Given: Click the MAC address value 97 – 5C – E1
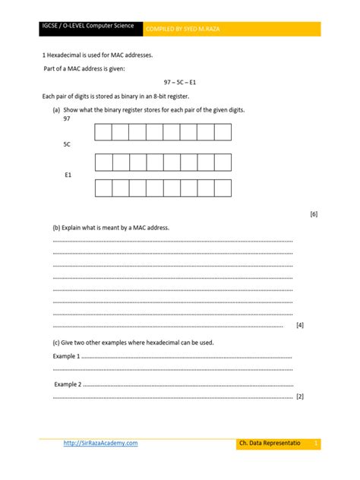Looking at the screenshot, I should pos(179,82).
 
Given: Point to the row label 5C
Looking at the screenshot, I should pos(68,144).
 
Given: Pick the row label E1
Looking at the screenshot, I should pos(68,175).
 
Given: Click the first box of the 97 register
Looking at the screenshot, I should pos(103,133).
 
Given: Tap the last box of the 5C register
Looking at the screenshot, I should pos(223,162).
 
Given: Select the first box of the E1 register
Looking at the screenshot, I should pos(103,188).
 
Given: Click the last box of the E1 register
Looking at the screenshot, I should pos(223,188).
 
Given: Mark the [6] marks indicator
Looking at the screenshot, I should pos(314,214).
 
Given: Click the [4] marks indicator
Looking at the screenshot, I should pos(300,325).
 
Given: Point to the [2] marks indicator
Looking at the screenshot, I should pos(300,397).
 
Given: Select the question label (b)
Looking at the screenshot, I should pos(56,228).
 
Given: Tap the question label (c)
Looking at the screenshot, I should pos(56,343).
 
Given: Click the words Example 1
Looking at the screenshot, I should pos(66,356).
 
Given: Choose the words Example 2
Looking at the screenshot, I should pos(68,384).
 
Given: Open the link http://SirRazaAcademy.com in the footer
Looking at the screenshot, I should pos(100,443).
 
